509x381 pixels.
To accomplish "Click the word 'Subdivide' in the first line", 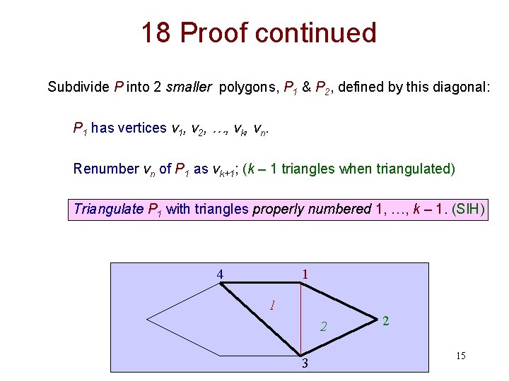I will (x=78, y=87).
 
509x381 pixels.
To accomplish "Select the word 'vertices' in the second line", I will (x=142, y=128).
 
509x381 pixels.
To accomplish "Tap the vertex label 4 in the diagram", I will (x=221, y=274).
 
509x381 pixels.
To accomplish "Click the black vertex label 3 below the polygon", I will (x=305, y=364).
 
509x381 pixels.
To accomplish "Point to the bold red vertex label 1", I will (x=305, y=274).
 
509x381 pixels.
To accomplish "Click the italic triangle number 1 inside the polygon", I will (x=271, y=306).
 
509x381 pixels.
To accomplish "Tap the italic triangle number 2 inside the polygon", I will (x=323, y=327).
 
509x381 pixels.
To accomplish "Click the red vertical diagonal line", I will (x=301, y=317).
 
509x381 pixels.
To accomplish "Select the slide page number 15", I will (x=460, y=356).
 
